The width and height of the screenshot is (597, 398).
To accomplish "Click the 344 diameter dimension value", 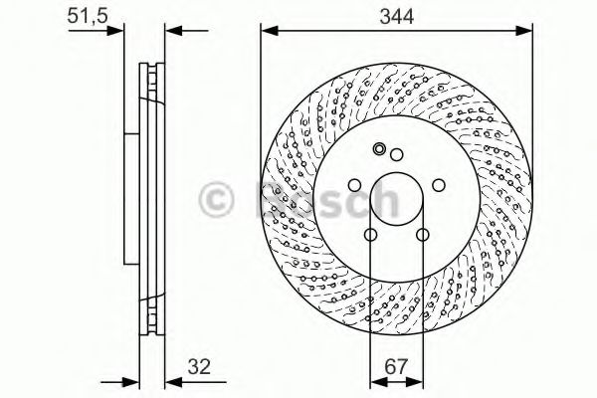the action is pyautogui.click(x=396, y=17).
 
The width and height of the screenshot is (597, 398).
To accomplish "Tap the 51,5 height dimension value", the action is pyautogui.click(x=88, y=16).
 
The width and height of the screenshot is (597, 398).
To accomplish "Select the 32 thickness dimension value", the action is pyautogui.click(x=199, y=367).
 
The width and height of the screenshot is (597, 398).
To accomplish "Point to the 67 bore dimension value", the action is pyautogui.click(x=396, y=367).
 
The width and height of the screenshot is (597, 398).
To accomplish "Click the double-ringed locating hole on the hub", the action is pyautogui.click(x=379, y=149).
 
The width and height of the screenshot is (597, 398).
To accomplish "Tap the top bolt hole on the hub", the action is pyautogui.click(x=397, y=154).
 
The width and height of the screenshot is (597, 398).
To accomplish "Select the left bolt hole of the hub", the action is pyautogui.click(x=354, y=185).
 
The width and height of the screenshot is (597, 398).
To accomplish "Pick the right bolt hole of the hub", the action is pyautogui.click(x=439, y=185).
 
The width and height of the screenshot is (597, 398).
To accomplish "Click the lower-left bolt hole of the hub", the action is pyautogui.click(x=370, y=235).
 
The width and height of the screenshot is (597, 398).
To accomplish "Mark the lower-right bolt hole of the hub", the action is pyautogui.click(x=423, y=235).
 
